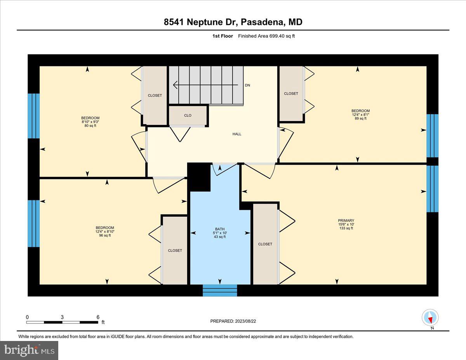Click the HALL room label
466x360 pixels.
[237, 134]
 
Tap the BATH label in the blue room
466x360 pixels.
[220, 229]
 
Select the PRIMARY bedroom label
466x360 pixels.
[346, 221]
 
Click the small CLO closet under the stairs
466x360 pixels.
[188, 115]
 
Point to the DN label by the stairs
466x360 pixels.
[247, 85]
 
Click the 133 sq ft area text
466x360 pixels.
[346, 228]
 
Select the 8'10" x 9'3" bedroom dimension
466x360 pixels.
[90, 122]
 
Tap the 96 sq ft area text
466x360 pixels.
[105, 235]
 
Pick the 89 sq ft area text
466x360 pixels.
[360, 118]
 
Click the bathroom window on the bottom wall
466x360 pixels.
[220, 290]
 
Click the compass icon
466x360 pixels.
[430, 318]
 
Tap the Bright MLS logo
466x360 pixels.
[29, 350]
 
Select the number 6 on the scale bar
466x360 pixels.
[98, 317]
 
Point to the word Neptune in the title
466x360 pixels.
[212, 22]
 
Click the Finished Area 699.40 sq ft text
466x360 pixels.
[264, 36]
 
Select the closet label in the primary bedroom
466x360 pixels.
[265, 244]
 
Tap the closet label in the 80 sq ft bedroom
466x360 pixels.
[155, 96]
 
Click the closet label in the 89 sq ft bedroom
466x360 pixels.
[291, 94]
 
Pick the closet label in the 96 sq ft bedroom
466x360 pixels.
[175, 250]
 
